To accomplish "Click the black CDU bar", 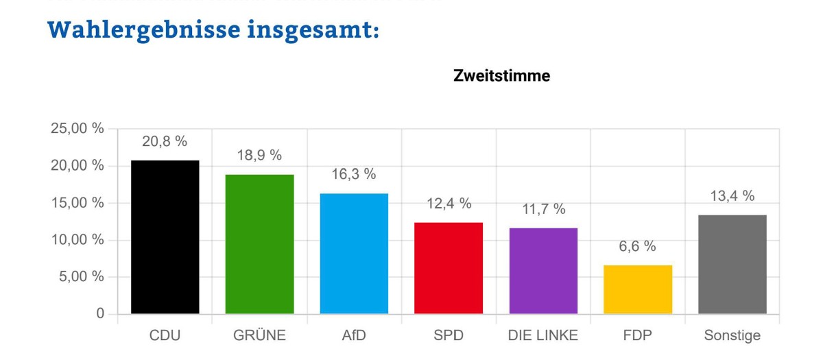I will click(165, 237).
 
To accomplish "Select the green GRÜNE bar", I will click(259, 244).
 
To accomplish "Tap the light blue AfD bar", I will click(354, 254).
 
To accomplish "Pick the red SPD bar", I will click(449, 268).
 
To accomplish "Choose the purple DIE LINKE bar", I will click(543, 271).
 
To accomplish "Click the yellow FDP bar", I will click(638, 289).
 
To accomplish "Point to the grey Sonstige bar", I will click(732, 265).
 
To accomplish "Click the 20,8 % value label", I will click(165, 141).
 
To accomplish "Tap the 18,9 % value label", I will click(259, 155).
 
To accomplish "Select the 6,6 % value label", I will click(638, 246).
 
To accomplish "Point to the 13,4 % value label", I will click(732, 196).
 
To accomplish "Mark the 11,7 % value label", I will click(543, 208).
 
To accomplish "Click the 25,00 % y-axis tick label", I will click(77, 129).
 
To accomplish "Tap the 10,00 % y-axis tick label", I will click(77, 240).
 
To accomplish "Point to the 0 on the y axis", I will click(100, 314).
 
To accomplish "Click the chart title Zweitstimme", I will click(501, 76).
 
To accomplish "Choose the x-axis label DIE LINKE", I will click(543, 335).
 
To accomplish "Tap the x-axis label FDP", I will click(638, 335).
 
